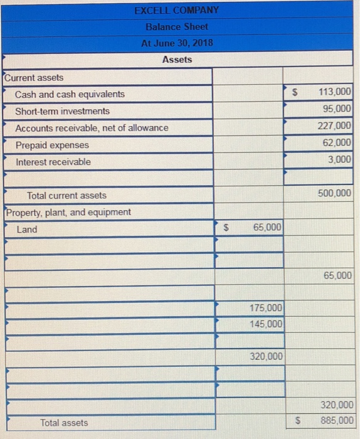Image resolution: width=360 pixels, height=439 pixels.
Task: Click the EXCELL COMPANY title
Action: [176, 10]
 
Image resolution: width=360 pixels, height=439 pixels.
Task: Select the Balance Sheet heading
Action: [176, 27]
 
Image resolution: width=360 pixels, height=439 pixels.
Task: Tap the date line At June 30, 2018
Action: [176, 43]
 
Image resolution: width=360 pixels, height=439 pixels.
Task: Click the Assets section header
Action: [177, 60]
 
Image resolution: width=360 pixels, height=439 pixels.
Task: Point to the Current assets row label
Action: [34, 78]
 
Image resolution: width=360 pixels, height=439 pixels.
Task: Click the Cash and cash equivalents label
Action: [70, 94]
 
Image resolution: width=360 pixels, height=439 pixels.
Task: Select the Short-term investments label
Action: [62, 111]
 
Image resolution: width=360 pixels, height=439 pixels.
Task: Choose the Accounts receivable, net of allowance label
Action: [92, 128]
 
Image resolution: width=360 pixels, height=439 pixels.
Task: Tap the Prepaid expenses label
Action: [52, 145]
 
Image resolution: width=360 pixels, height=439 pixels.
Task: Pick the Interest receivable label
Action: [53, 162]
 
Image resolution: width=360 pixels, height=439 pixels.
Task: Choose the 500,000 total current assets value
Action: [336, 194]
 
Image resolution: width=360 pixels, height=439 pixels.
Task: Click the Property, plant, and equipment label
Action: [68, 212]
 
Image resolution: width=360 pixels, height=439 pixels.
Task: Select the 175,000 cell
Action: [266, 308]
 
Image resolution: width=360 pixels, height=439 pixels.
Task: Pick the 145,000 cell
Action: [266, 324]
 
